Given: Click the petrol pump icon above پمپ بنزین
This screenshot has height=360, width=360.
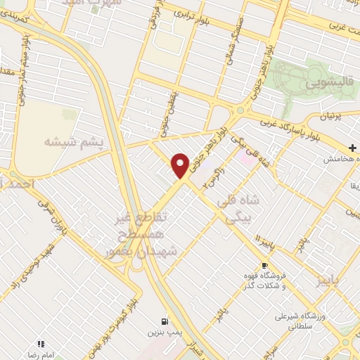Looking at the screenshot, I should click(164, 317).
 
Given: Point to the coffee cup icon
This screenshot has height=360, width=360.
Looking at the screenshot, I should click(264, 266).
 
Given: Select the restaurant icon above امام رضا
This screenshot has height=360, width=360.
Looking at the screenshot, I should click(40, 344).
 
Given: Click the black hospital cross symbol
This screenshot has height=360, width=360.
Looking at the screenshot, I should click(352, 148).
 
